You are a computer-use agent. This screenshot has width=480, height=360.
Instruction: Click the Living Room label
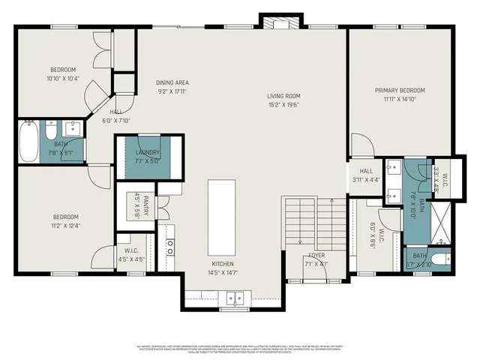(x=283, y=96)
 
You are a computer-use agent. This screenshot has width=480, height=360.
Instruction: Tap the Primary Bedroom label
(x=400, y=90)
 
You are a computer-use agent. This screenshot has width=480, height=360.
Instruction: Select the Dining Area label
(x=172, y=82)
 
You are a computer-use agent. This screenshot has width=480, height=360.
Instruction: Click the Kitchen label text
(x=223, y=264)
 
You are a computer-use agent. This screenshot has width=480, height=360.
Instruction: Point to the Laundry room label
(x=148, y=152)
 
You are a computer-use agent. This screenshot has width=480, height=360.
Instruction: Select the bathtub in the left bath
(x=28, y=142)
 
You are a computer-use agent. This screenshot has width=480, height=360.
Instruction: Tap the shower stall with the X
(x=439, y=219)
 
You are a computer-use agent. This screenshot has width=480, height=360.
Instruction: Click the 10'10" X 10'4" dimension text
(x=62, y=78)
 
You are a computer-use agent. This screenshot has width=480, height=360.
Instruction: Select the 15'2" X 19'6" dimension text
(x=283, y=105)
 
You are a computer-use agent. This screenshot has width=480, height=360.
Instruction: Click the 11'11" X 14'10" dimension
(x=400, y=98)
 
